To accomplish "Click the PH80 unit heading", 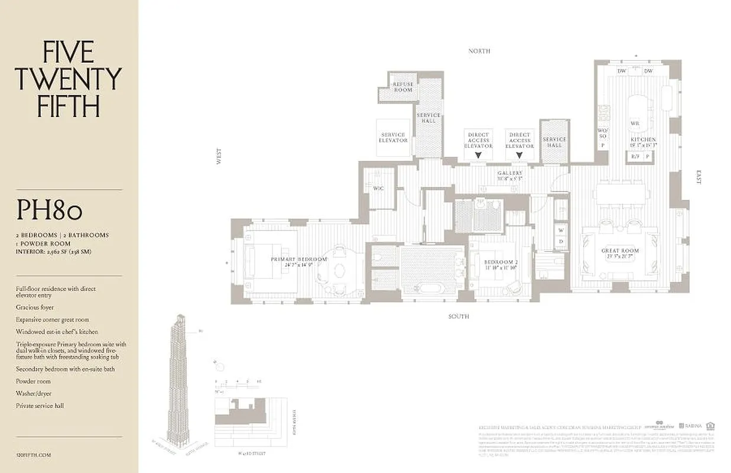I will click(49, 210).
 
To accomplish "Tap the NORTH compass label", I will click(479, 51).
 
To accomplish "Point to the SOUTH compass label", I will click(458, 317).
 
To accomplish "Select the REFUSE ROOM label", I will click(403, 88).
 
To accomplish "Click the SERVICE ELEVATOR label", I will click(393, 138).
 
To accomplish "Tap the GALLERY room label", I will click(509, 176).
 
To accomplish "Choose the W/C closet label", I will click(378, 189).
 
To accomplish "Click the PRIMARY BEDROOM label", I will click(298, 262).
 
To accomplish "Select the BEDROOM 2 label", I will click(500, 264).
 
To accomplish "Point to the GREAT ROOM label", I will click(620, 254).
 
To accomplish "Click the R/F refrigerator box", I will click(635, 157).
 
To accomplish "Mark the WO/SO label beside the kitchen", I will click(603, 133).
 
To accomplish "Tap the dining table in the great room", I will click(622, 193).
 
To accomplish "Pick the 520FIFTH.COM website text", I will click(34, 455).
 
